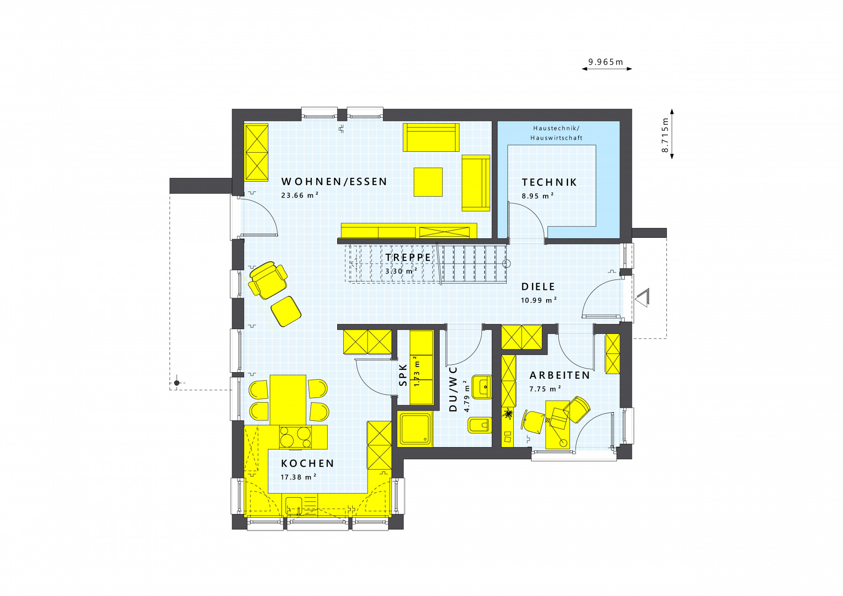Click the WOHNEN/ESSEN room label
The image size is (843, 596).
coord(334,182)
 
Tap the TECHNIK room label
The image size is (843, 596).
coord(549,182)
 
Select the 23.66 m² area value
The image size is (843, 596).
coord(300,195)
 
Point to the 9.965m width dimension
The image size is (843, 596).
coord(606,62)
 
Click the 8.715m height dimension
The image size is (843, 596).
coord(665,135)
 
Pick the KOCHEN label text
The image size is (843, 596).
coord(308,464)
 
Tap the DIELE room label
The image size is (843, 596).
coord(538,287)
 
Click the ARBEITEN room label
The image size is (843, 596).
coord(560,375)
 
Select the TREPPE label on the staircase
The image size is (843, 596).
coord(408,258)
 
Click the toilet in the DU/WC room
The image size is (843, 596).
coord(480,425)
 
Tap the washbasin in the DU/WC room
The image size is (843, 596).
coord(481,387)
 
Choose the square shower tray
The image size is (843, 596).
coord(415,429)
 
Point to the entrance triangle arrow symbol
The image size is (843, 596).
coord(642,297)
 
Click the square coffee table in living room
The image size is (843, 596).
coord(428,182)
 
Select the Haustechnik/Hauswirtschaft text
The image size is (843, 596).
coord(556,133)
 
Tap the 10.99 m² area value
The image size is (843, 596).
coord(539,300)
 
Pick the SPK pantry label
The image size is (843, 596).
coord(403,375)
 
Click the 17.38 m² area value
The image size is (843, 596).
coord(298,477)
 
